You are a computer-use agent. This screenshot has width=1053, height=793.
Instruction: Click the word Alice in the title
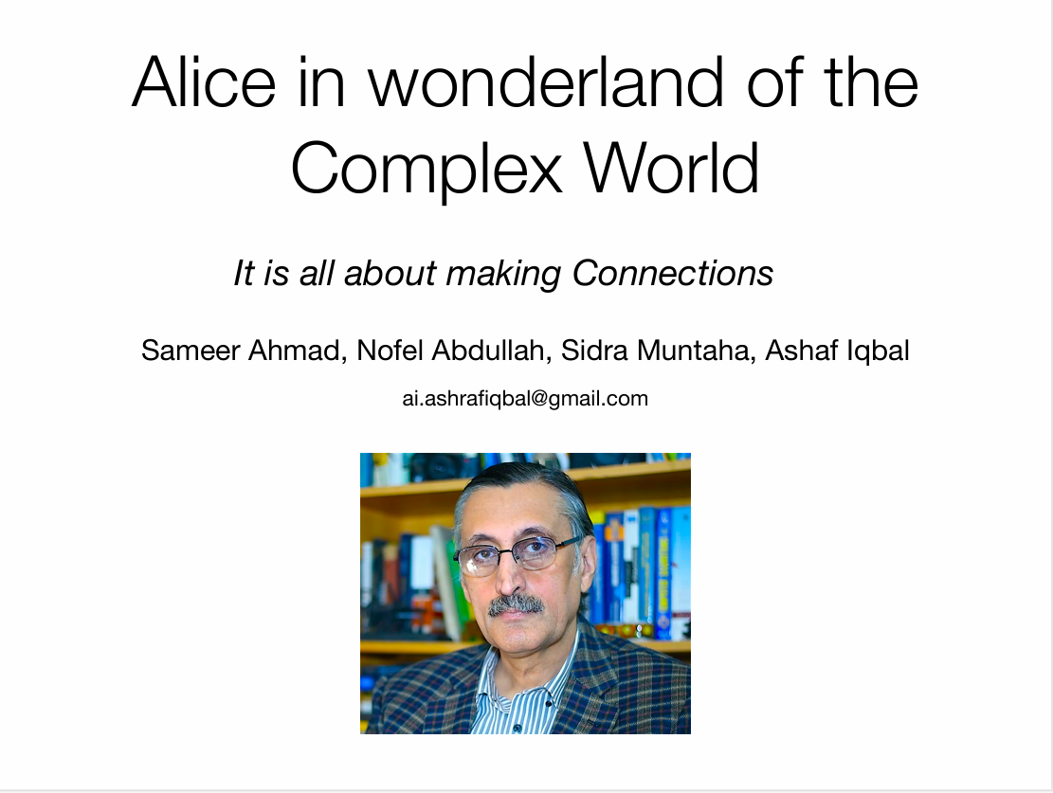(205, 82)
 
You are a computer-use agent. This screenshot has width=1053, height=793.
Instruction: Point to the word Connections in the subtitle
(673, 274)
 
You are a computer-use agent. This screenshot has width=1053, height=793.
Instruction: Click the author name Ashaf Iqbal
(837, 351)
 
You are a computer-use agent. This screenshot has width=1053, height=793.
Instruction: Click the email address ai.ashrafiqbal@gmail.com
(525, 399)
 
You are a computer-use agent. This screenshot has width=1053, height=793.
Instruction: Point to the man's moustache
(517, 604)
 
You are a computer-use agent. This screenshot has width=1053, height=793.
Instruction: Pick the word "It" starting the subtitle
(245, 274)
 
